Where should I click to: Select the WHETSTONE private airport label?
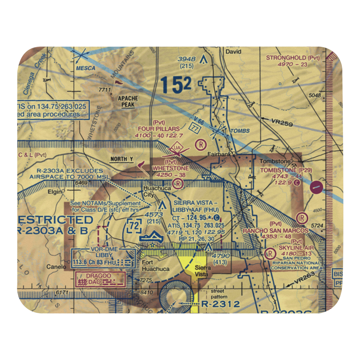[x=171, y=168]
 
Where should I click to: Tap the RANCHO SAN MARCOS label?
[x=275, y=230]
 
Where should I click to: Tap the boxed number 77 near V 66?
[x=194, y=128]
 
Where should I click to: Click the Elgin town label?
[x=55, y=192]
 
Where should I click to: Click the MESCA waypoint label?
[x=85, y=68]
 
